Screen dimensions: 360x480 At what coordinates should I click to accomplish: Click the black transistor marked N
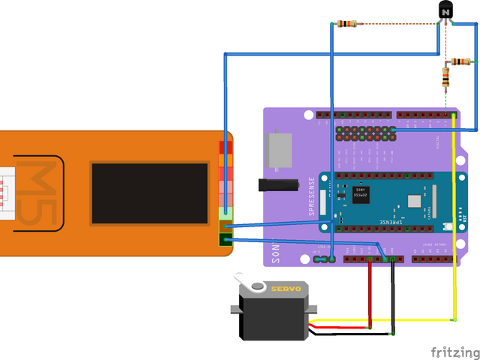tap(445, 11)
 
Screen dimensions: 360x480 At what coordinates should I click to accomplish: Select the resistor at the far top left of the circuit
tap(346, 24)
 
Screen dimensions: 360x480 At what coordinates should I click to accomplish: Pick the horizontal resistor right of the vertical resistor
tap(459, 61)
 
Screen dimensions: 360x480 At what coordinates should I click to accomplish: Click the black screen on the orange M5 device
tap(149, 193)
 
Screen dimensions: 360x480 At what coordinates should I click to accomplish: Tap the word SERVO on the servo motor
tap(285, 288)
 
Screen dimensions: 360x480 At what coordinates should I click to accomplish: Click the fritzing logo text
tap(454, 351)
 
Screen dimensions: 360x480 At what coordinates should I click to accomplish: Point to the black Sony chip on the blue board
tap(361, 194)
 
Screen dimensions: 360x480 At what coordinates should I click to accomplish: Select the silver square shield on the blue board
tap(415, 201)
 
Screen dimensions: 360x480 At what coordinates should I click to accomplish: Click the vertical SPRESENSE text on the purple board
tap(312, 196)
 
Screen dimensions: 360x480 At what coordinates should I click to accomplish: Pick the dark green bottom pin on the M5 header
tap(225, 240)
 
